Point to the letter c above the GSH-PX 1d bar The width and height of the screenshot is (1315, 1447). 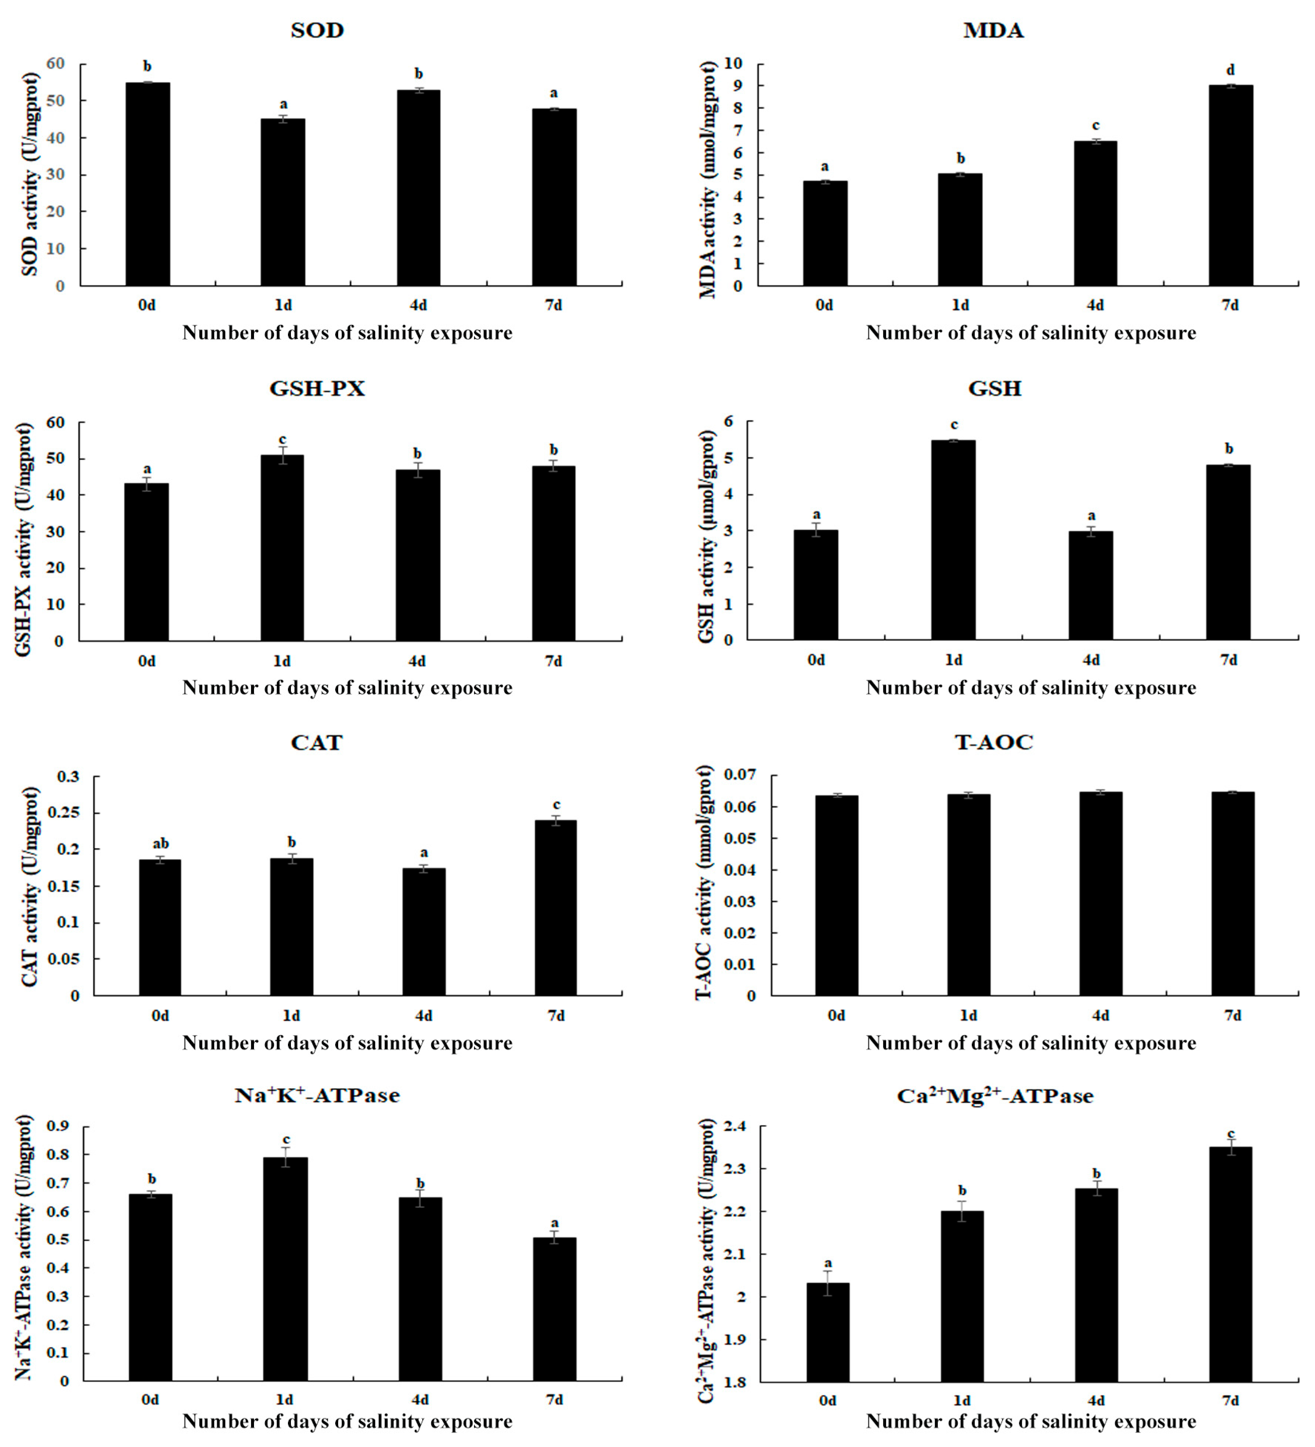click(282, 439)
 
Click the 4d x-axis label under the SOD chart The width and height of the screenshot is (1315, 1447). click(418, 305)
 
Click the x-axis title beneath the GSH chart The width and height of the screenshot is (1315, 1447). click(1031, 688)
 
